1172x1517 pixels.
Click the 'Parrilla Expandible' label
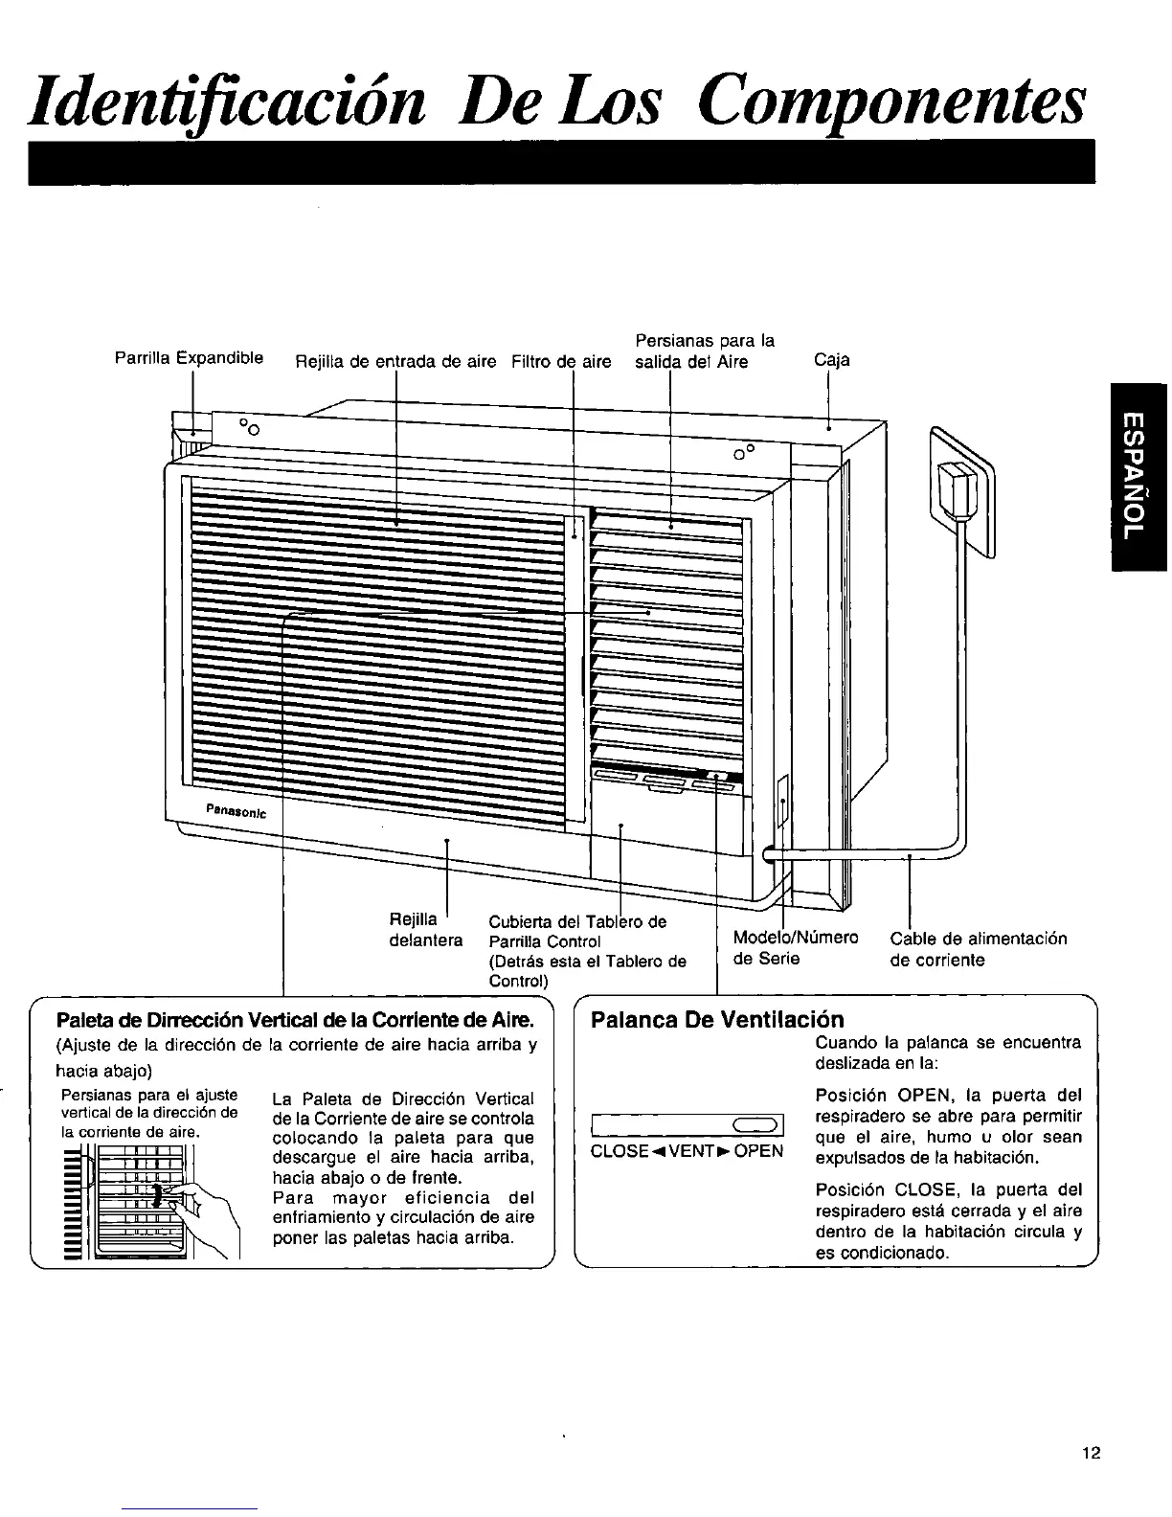[189, 359]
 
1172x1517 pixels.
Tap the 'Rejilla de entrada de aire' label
[394, 362]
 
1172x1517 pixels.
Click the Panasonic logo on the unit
[235, 811]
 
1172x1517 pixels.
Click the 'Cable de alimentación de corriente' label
[978, 949]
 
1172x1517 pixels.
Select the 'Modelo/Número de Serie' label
[794, 947]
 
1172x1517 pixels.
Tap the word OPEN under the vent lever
[758, 1150]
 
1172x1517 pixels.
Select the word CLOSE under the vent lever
[619, 1150]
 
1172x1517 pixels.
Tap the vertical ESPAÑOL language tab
[1137, 476]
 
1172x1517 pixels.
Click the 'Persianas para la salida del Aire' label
[705, 351]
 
